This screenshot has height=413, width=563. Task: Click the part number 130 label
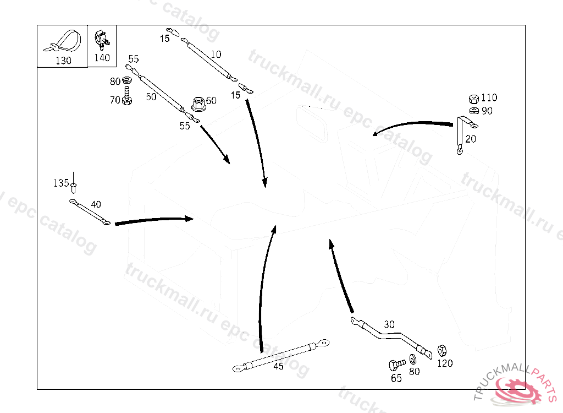coord(63,61)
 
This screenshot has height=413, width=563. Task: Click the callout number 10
coord(216,55)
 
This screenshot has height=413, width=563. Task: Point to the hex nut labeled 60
coord(197,103)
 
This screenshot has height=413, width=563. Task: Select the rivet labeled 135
coord(74,184)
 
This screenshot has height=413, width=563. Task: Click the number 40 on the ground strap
coord(96,204)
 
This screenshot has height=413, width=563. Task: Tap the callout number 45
coord(279,367)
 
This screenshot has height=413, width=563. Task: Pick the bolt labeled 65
coord(395,365)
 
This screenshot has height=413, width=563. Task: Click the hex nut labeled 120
coord(441,350)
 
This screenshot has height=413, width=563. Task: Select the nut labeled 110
coord(473,99)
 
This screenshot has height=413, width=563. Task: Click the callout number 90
coord(487,111)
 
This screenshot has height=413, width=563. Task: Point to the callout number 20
coord(471,139)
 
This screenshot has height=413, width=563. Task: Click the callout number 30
coord(389,325)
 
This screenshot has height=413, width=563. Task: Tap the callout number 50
coord(151,97)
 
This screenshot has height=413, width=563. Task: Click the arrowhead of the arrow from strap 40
coord(189,219)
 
